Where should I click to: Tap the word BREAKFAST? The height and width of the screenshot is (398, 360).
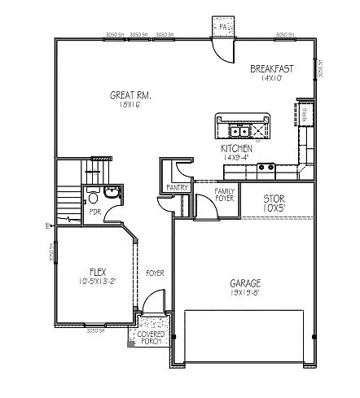271,68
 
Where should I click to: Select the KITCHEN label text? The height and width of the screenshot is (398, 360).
237,149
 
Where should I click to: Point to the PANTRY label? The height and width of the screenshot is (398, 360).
177,188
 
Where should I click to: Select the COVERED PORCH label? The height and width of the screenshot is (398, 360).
151,337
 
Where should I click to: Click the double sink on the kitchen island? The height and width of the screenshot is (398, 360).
239,130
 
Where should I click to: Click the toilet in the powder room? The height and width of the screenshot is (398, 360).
94,198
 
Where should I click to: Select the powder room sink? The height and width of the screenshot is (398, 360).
112,193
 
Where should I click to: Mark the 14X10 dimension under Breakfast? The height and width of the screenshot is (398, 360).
271,77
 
